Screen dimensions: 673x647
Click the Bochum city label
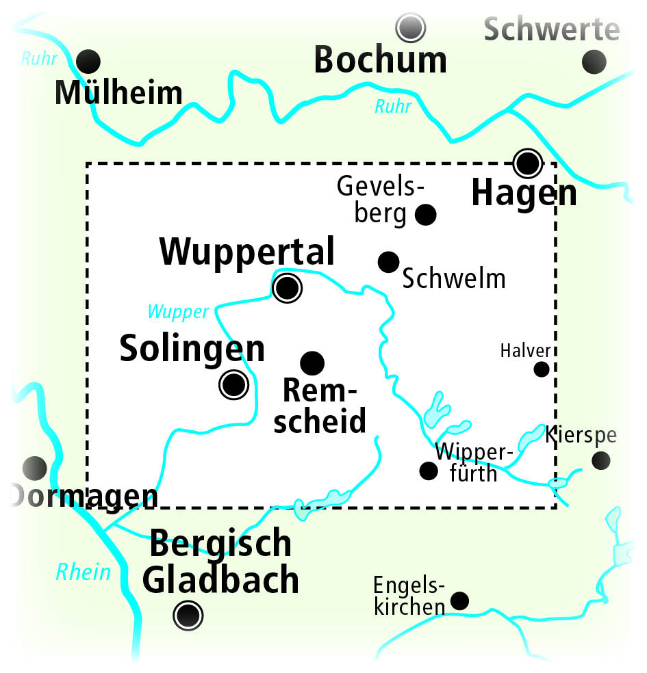click(380, 61)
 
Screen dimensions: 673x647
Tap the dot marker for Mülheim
click(88, 62)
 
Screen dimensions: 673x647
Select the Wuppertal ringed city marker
click(286, 288)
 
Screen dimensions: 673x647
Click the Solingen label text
click(192, 349)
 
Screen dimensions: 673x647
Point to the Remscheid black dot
click(312, 362)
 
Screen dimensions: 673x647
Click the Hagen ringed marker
click(528, 163)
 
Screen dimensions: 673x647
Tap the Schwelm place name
click(454, 279)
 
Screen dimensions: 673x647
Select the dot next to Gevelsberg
click(426, 215)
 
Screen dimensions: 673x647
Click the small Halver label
click(525, 351)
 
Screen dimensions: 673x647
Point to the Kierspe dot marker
click(601, 460)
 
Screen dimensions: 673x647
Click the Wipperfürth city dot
click(429, 471)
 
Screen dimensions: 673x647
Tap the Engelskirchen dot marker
click(459, 601)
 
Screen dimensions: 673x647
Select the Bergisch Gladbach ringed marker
click(188, 616)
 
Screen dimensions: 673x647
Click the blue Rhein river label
click(83, 572)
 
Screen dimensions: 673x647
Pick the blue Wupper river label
click(178, 312)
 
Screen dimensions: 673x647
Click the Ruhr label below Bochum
click(393, 107)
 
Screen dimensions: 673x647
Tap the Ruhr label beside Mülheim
click(39, 59)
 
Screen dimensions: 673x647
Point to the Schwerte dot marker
click(594, 62)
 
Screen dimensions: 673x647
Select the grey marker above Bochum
click(411, 27)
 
